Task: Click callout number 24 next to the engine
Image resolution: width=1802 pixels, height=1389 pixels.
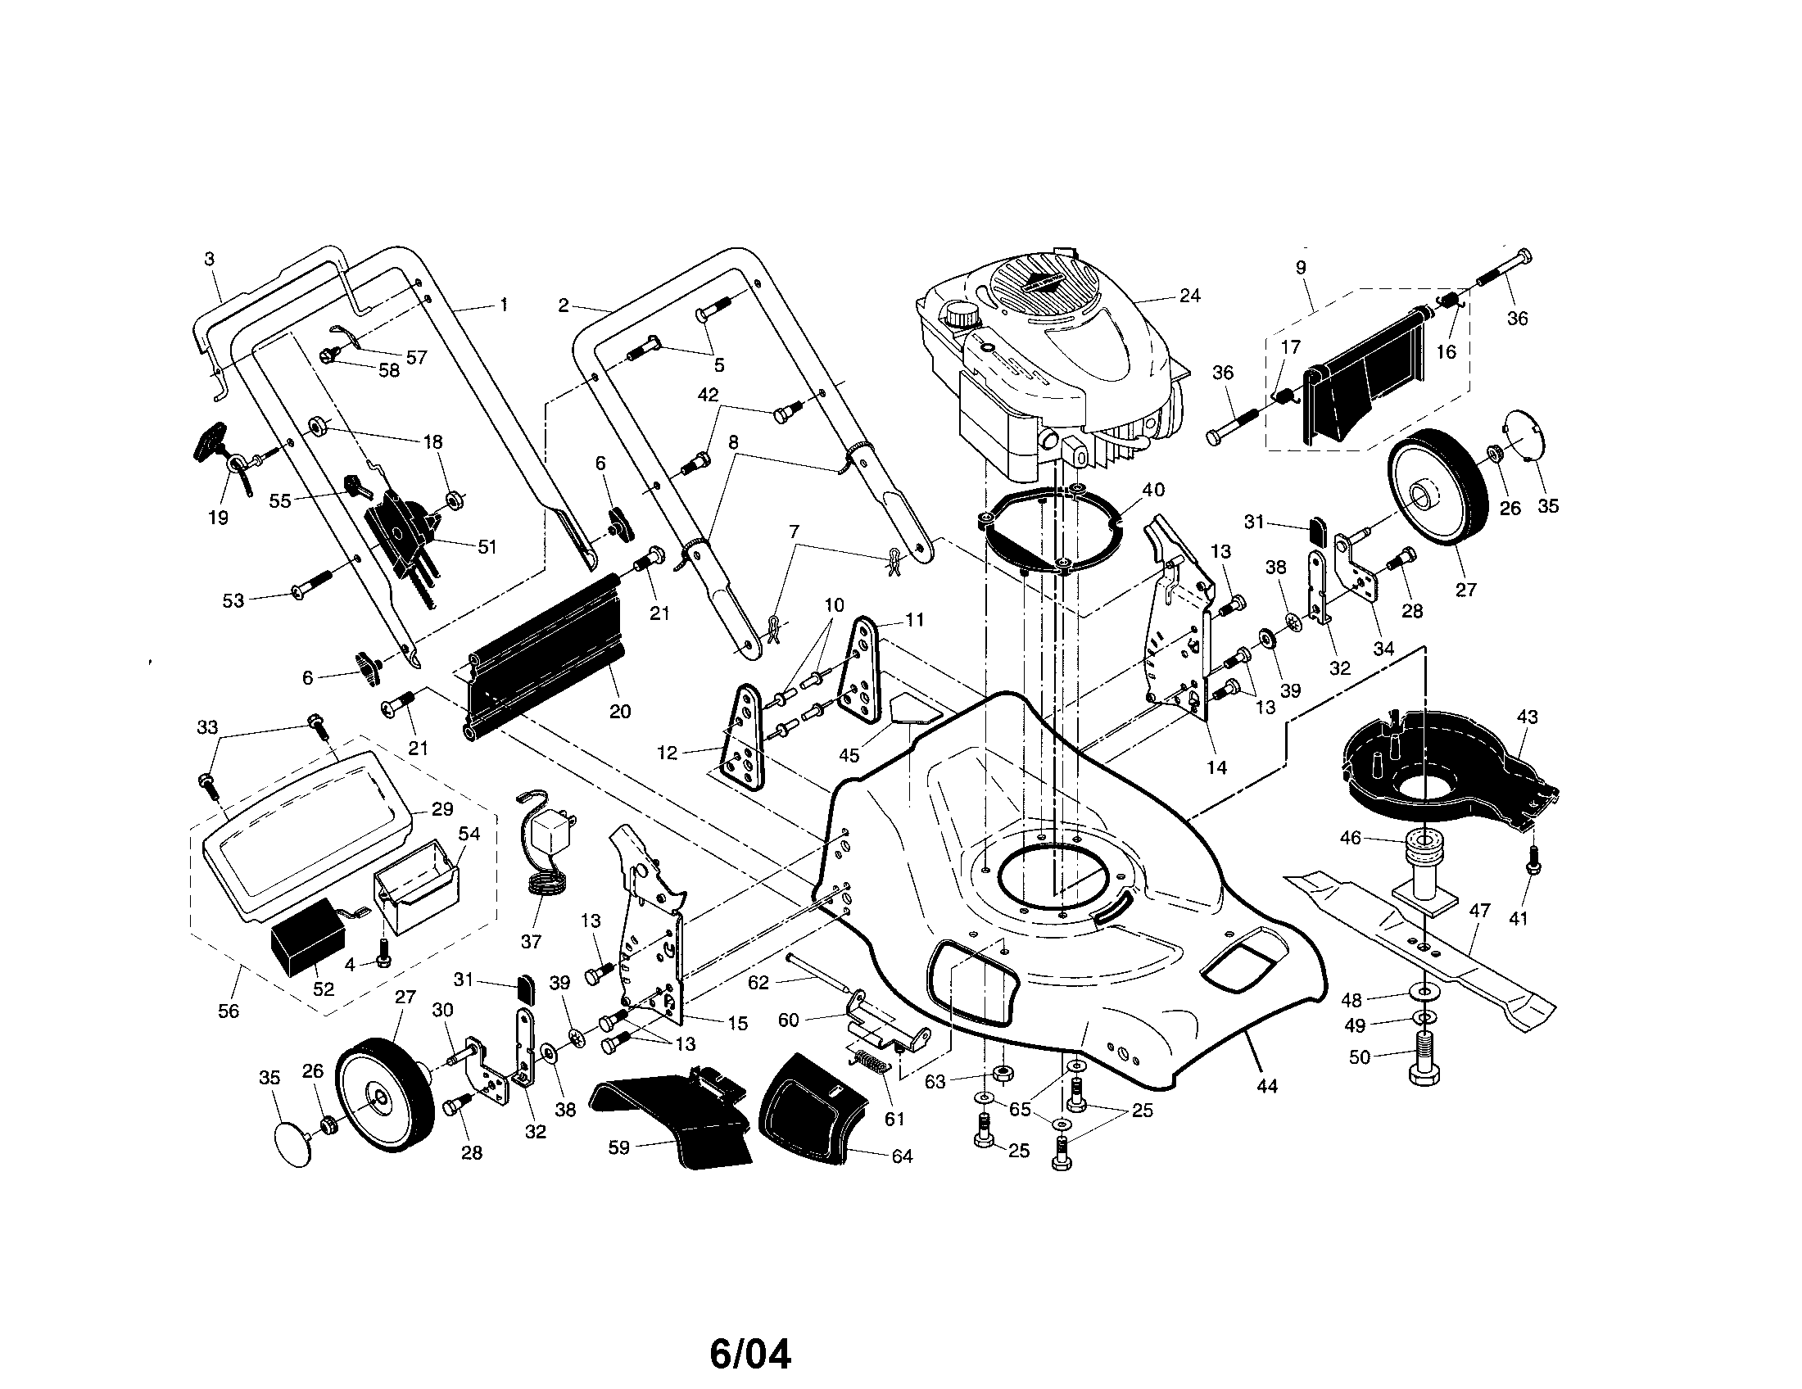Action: [1189, 296]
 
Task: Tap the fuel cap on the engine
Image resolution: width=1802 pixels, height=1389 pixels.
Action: [960, 314]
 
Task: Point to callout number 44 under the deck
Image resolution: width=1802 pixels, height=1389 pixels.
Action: [1266, 1087]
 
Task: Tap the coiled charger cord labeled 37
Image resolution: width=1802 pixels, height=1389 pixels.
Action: [546, 891]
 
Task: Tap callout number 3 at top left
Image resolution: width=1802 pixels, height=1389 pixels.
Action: [210, 259]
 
